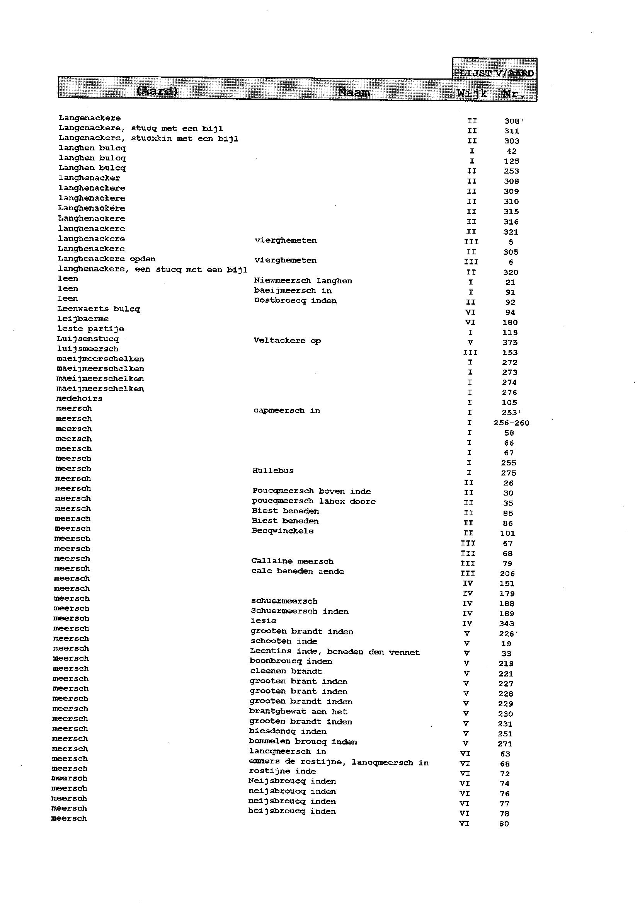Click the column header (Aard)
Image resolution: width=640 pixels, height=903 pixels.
coord(157,91)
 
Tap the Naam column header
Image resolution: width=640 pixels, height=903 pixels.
coord(354,93)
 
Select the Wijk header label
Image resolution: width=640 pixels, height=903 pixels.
coord(472,94)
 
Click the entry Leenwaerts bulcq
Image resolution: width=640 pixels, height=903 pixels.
coord(99,309)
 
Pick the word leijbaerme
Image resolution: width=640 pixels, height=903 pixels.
coord(83,319)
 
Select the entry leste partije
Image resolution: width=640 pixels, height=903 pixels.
coord(90,329)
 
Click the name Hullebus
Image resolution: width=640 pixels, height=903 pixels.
coord(273,470)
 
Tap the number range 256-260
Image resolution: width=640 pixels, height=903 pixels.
coord(511,423)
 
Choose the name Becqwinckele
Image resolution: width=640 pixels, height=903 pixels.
coord(283,531)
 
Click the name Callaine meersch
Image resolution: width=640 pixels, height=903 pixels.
coord(292,561)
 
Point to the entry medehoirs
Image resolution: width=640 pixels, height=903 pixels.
coord(79,399)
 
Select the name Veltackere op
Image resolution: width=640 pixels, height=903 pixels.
coord(287,341)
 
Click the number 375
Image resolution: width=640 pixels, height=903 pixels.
coord(509,342)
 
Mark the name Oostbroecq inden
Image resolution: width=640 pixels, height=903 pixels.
coord(295,301)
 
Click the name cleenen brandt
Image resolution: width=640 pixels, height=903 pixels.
coord(286,671)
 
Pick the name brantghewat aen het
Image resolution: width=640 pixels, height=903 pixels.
coord(298,711)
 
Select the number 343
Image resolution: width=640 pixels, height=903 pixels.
coord(506,624)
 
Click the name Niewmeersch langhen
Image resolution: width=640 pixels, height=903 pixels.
coord(303,281)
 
